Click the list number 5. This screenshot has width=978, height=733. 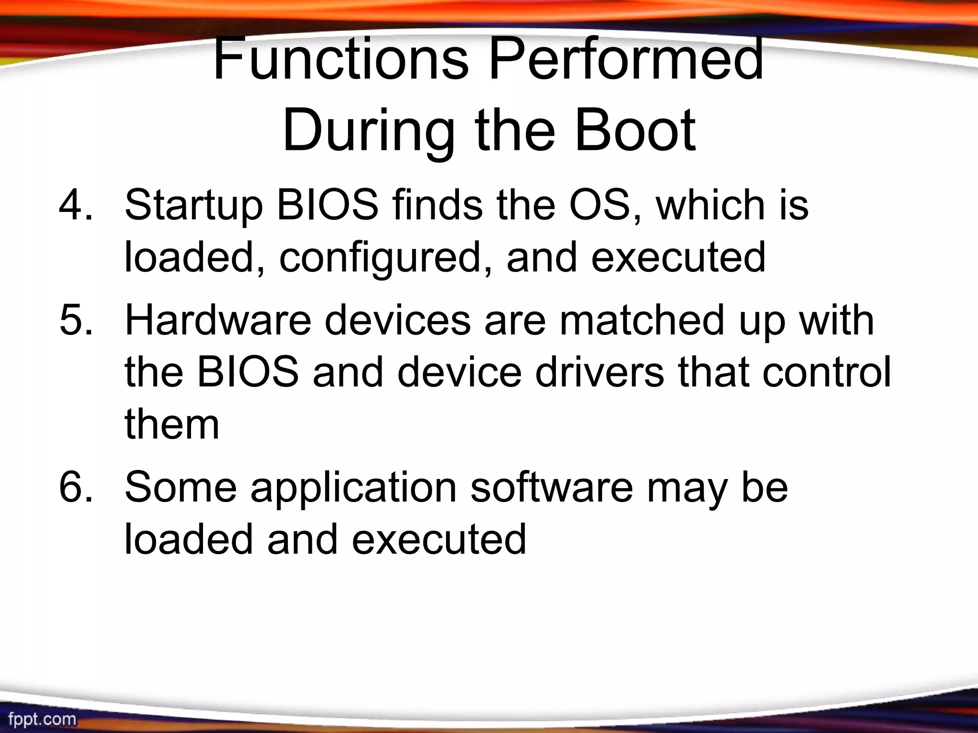point(74,320)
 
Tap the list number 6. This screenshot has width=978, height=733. point(74,487)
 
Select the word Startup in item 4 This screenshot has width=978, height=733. point(193,205)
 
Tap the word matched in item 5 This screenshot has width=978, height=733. point(642,320)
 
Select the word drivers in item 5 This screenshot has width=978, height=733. point(599,372)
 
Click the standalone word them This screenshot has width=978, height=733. point(172,425)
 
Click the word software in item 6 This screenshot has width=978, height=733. point(552,487)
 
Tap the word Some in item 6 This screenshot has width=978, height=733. point(181,487)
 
